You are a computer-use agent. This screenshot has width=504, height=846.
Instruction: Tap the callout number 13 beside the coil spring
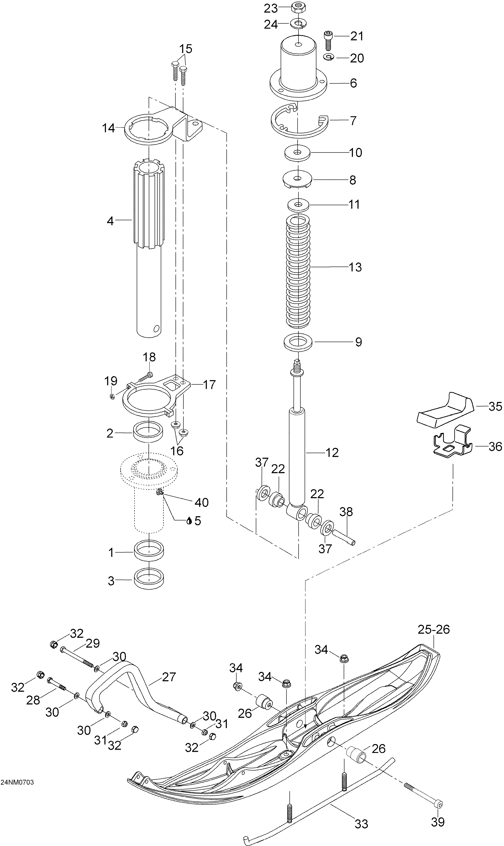(355, 267)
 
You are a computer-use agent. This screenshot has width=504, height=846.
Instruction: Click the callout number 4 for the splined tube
(110, 221)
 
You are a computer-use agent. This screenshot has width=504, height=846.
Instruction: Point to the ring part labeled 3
(149, 581)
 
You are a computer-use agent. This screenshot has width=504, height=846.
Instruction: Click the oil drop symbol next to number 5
(189, 521)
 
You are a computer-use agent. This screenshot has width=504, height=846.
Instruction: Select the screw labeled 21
(328, 40)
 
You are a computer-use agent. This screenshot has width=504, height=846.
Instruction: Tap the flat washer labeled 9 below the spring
(298, 342)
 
